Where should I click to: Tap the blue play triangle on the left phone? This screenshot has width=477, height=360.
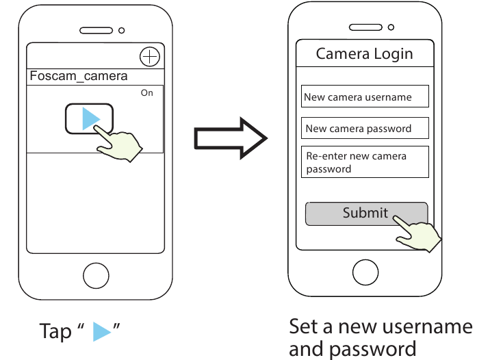coord(90,118)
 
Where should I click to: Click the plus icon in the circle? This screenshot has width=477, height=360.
coord(149,56)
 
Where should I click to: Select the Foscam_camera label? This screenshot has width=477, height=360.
coord(79,76)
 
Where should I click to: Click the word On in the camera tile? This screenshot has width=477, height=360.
coord(147,93)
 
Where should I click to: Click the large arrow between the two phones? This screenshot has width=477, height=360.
coord(230,137)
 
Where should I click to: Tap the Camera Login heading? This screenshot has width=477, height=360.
coord(364,54)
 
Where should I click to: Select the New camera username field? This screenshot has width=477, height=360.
coord(365,97)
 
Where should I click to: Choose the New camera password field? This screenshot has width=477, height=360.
coord(365,128)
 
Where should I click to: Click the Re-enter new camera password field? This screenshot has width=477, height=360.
coord(365,162)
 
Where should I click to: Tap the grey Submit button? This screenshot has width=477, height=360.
coord(366,214)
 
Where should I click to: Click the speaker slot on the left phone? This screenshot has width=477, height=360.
coord(95,31)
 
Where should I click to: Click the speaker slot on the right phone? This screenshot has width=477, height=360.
coord(365,27)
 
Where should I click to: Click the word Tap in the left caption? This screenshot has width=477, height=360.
coord(55,332)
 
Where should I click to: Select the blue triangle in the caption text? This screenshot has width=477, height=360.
coord(101,332)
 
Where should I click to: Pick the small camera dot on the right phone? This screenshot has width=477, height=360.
coord(391,27)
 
